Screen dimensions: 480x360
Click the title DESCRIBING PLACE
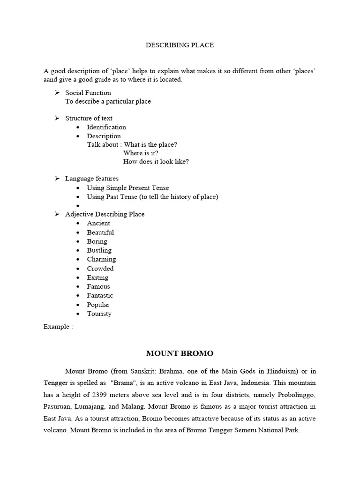click(180, 45)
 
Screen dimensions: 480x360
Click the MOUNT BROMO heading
click(180, 353)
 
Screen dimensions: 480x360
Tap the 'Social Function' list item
click(88, 93)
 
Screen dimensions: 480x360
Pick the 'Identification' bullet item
click(106, 127)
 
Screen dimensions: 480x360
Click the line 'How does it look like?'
click(156, 162)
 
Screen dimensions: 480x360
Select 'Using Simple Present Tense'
click(128, 188)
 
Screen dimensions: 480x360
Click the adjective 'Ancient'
click(98, 223)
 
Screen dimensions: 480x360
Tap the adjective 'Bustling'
click(99, 250)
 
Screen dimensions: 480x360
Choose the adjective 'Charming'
click(101, 259)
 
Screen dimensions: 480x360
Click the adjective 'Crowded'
click(100, 269)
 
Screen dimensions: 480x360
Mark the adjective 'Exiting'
click(97, 277)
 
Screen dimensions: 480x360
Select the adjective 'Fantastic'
click(100, 295)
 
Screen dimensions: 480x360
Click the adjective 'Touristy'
click(99, 314)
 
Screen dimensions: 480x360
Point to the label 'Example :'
click(58, 327)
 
